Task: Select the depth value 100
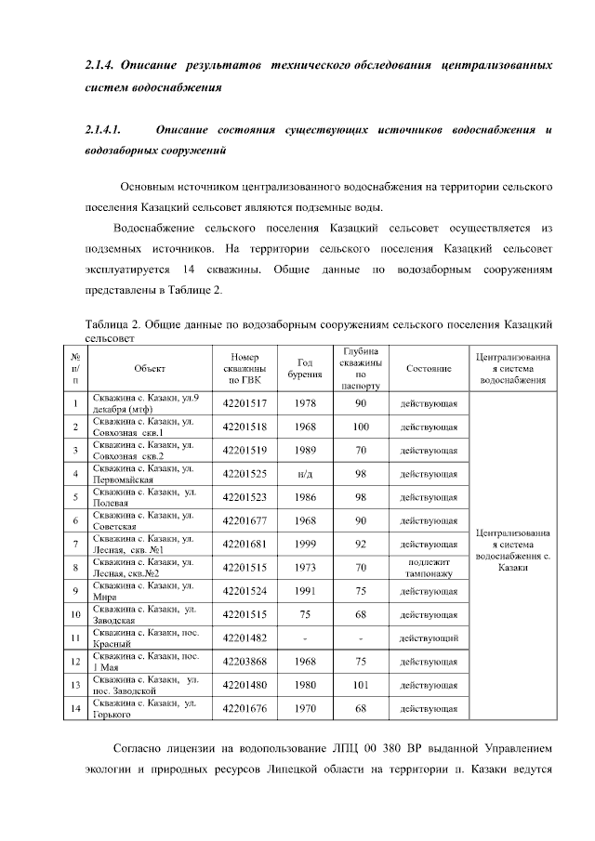pyautogui.click(x=361, y=427)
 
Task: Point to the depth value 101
pyautogui.click(x=361, y=686)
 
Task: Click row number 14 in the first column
pyautogui.click(x=73, y=709)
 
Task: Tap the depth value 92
pyautogui.click(x=361, y=544)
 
